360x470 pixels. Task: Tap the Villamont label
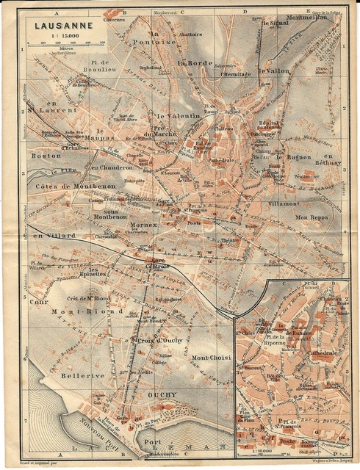pyautogui.click(x=280, y=203)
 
